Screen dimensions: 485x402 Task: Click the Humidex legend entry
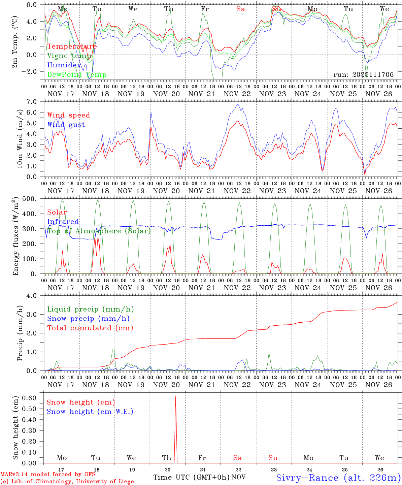(64, 65)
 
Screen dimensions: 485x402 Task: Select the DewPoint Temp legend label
(77, 75)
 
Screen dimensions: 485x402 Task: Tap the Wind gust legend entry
(66, 125)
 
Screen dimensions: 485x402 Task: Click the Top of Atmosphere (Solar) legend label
(99, 231)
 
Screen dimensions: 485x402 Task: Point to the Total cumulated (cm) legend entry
(90, 328)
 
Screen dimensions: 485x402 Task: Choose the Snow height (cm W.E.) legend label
(90, 412)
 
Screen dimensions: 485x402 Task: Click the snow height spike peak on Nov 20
(175, 396)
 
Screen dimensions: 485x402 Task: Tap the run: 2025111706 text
(363, 75)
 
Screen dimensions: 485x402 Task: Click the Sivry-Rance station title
(338, 478)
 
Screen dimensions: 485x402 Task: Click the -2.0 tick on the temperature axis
(33, 71)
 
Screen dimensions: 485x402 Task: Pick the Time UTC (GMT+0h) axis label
(192, 477)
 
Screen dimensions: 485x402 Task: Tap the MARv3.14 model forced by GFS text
(47, 475)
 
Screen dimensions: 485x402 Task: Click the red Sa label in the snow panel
(238, 458)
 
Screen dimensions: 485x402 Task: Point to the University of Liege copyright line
(67, 482)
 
